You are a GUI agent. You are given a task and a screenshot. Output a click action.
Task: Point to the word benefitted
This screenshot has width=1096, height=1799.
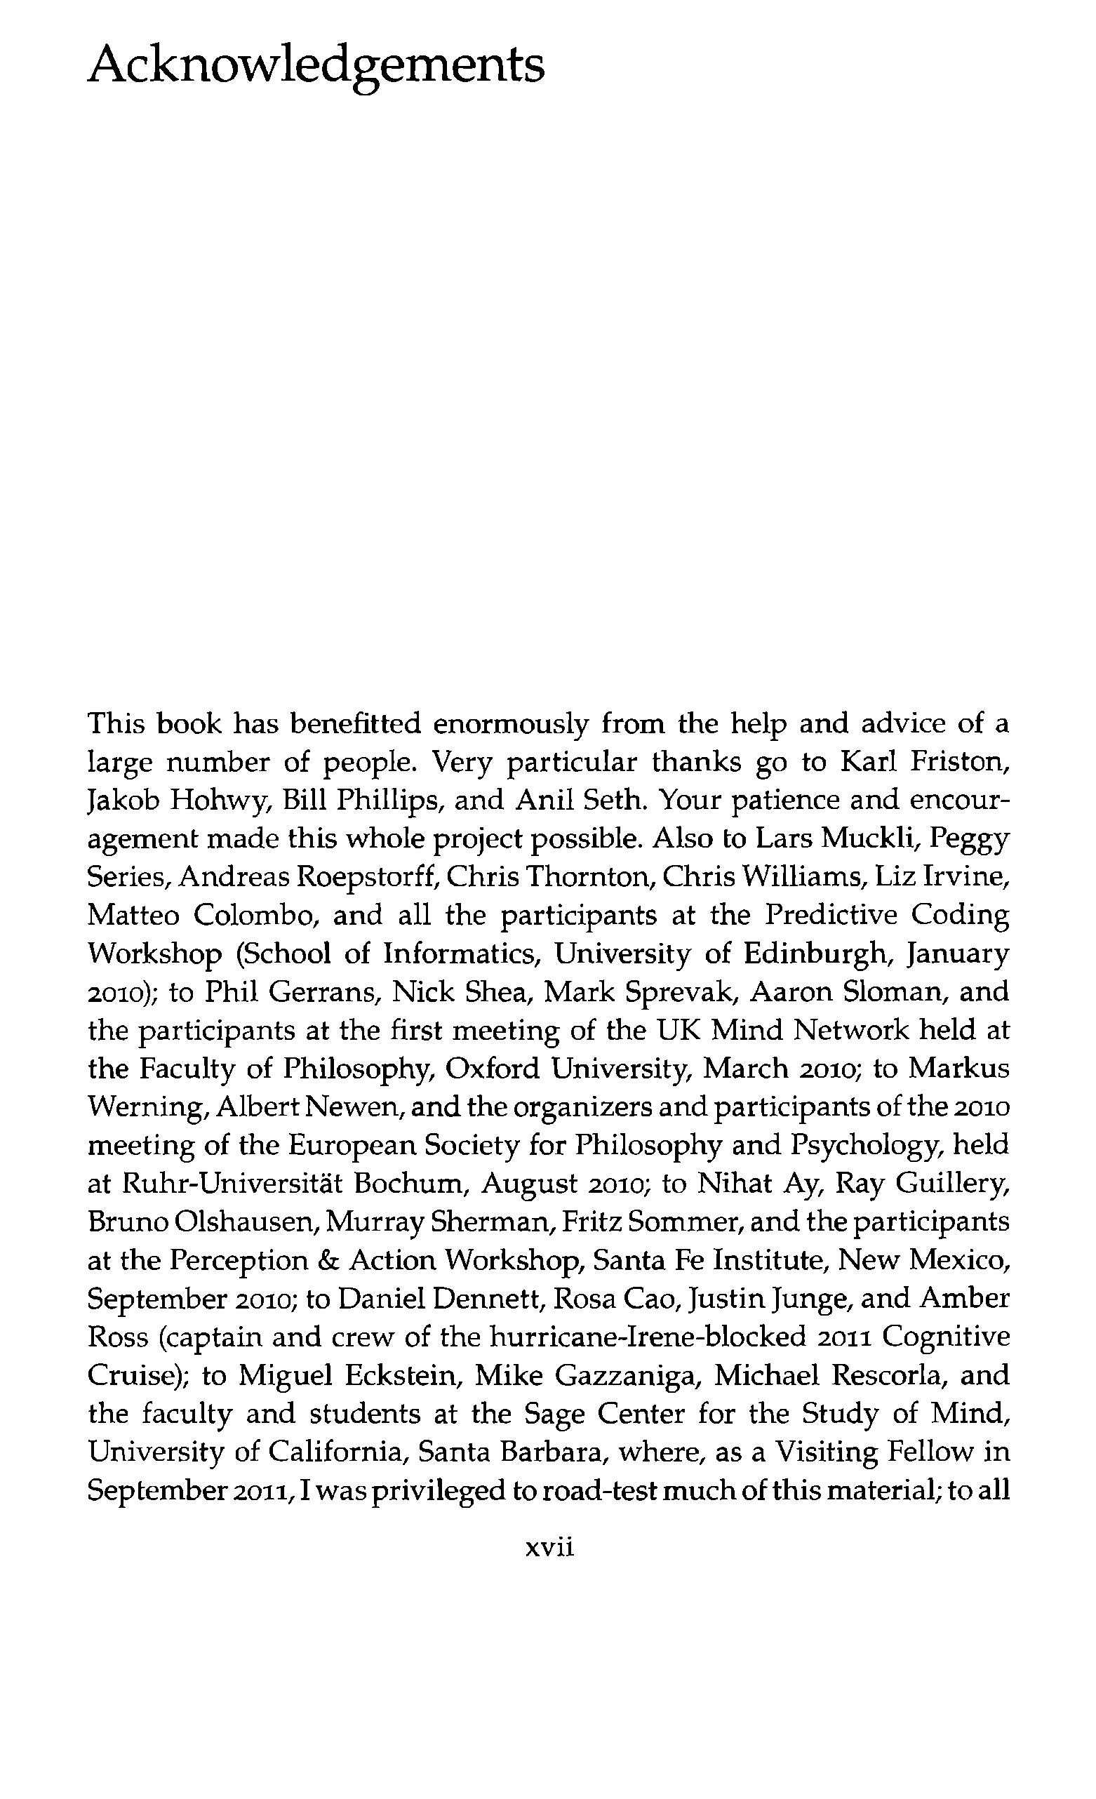pos(356,724)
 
